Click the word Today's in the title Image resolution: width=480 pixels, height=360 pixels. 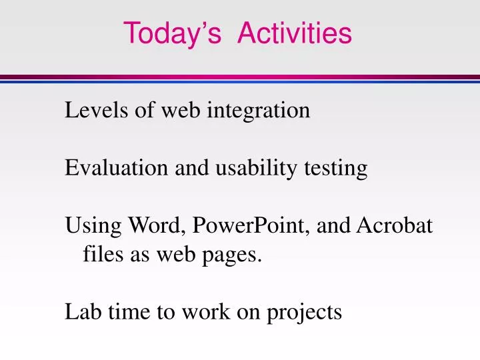(x=172, y=33)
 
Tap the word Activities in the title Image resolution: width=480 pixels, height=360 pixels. (x=294, y=33)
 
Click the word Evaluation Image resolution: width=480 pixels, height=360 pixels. (x=117, y=169)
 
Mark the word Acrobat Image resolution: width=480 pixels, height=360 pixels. (x=395, y=227)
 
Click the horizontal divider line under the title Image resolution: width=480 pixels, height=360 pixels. (x=240, y=78)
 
